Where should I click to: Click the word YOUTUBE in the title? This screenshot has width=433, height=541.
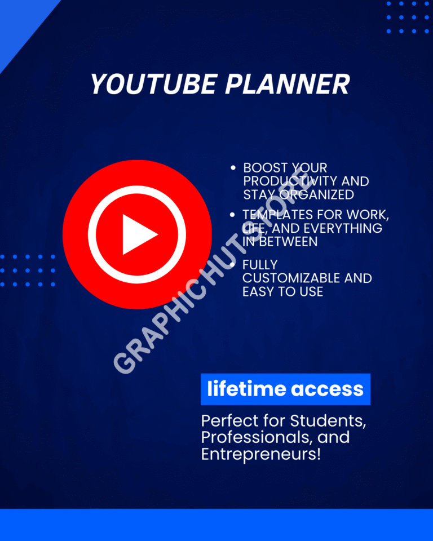coord(154,84)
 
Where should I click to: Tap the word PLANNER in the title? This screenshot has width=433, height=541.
coord(288,84)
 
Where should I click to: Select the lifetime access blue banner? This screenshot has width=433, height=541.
coord(285,389)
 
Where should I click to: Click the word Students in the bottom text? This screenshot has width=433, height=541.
coord(328,421)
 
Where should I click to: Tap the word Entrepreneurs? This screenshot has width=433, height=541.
coord(261,454)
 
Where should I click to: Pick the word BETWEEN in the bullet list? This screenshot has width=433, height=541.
coord(288,242)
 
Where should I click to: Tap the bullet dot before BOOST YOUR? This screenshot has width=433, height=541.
coord(233,168)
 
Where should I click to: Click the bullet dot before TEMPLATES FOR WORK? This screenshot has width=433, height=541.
coord(232,215)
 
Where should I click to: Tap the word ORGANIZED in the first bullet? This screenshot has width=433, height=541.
coord(317,194)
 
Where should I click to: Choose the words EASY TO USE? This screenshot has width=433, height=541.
coord(283,292)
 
